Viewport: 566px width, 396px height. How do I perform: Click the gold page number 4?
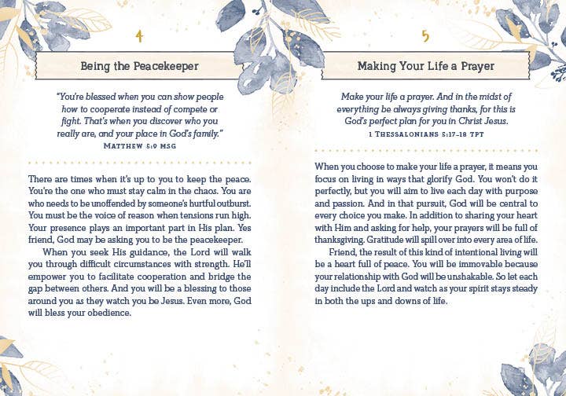point(139,35)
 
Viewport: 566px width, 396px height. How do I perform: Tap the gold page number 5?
point(425,35)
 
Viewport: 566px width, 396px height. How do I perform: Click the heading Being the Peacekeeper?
point(140,66)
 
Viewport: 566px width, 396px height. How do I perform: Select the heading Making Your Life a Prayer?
point(426,66)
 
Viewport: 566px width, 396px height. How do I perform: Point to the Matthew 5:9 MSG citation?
point(140,146)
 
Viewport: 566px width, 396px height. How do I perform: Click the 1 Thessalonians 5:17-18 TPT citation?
point(425,134)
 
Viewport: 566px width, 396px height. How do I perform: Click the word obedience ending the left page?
point(103,313)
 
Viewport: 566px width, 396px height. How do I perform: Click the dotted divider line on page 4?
point(140,163)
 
